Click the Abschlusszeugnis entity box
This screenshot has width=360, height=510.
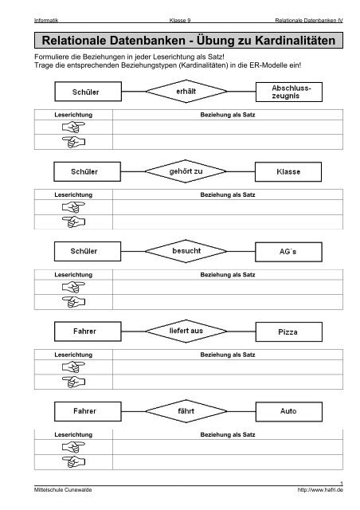[x=289, y=92]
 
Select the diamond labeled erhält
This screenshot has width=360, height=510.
[x=186, y=92]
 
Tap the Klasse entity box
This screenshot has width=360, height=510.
[x=288, y=172]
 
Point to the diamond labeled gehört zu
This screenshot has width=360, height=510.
[x=186, y=171]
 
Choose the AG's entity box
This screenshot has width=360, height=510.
[x=288, y=252]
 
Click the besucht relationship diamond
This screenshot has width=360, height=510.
[x=186, y=251]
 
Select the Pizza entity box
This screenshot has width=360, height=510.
[x=289, y=331]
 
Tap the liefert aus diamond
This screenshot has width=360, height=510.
[x=186, y=331]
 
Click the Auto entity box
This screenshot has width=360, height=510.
[x=289, y=411]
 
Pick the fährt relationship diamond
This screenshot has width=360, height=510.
[x=186, y=411]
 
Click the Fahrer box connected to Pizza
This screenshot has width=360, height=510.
[x=88, y=331]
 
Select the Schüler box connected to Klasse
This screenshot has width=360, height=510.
[x=87, y=172]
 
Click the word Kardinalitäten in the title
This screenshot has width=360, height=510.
[x=295, y=41]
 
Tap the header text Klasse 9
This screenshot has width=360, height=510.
[x=180, y=21]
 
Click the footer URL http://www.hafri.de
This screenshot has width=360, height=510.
[x=320, y=490]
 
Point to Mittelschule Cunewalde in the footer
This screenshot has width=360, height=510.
[x=63, y=490]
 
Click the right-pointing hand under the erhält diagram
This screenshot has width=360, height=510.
[x=73, y=127]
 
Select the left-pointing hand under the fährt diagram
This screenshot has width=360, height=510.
[x=73, y=461]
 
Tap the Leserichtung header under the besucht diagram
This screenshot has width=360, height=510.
[x=73, y=275]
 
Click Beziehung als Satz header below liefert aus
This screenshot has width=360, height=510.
[x=228, y=355]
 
